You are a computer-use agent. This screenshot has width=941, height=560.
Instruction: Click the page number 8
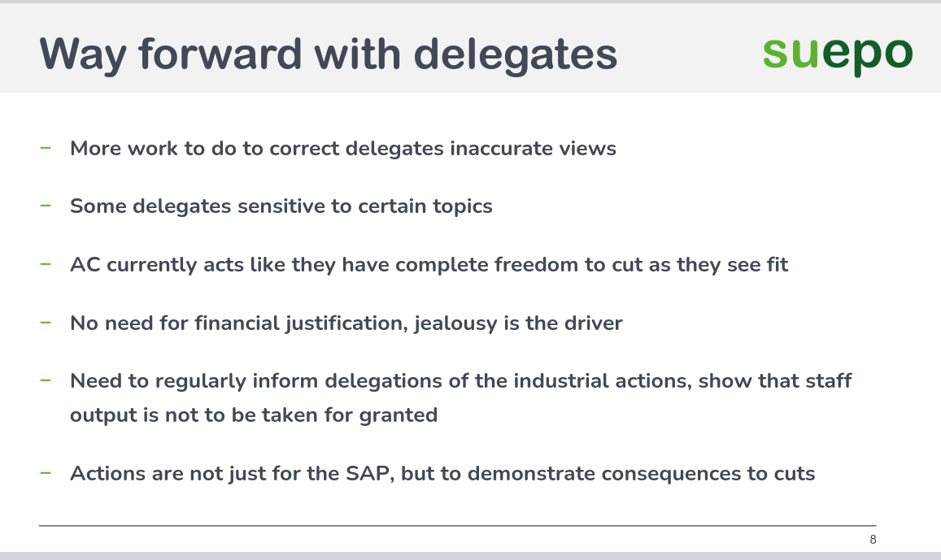pyautogui.click(x=873, y=540)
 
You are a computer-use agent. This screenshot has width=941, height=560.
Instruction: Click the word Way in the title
pyautogui.click(x=83, y=54)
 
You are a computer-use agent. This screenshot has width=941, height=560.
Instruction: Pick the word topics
pyautogui.click(x=464, y=206)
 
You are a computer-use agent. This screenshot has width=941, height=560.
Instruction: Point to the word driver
pyautogui.click(x=592, y=323)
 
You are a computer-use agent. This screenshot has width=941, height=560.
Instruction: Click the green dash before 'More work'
pyautogui.click(x=46, y=148)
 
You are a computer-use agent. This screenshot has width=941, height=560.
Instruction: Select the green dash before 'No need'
pyautogui.click(x=46, y=323)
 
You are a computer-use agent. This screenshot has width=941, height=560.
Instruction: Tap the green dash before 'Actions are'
pyautogui.click(x=46, y=473)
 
